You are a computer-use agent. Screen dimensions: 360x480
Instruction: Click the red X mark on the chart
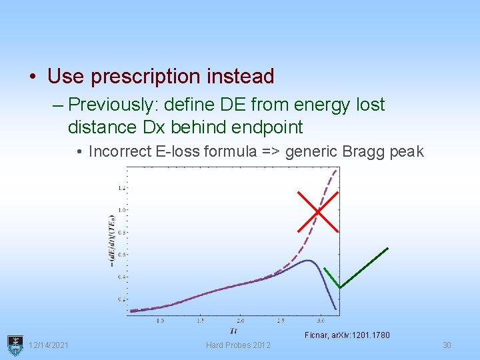tap(318, 211)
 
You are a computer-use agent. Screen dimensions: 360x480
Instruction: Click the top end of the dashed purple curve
tap(336, 170)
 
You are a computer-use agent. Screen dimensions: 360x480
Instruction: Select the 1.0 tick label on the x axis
tap(160, 321)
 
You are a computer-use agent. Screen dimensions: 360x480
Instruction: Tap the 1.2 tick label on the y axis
tap(121, 188)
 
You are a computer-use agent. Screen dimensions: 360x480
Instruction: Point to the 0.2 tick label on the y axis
tap(121, 299)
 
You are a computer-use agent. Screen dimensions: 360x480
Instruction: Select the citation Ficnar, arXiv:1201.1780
tap(347, 335)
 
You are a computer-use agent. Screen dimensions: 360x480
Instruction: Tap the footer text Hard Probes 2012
tap(238, 345)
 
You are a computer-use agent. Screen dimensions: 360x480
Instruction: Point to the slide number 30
tap(447, 345)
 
